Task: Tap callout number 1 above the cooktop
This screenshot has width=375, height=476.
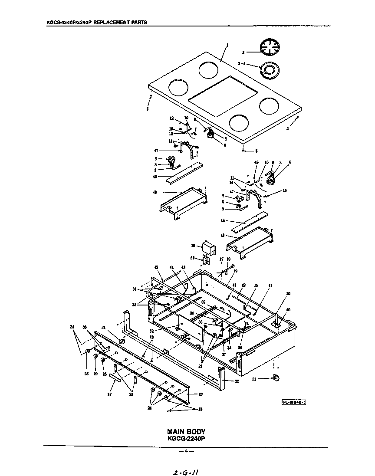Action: [x=227, y=45]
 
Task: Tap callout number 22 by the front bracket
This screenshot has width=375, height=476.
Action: [x=237, y=381]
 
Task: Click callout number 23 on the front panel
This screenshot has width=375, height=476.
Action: [x=201, y=394]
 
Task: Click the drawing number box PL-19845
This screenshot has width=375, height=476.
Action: [x=293, y=402]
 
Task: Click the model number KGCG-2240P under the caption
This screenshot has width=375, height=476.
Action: [x=186, y=438]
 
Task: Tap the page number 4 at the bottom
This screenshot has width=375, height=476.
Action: [x=186, y=451]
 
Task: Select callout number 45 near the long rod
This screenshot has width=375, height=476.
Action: [x=157, y=267]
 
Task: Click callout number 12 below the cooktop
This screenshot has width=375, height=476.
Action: [x=171, y=118]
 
